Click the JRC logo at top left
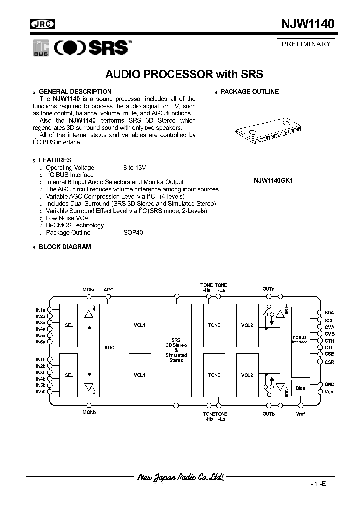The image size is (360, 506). pyautogui.click(x=43, y=23)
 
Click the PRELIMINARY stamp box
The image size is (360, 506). pyautogui.click(x=306, y=44)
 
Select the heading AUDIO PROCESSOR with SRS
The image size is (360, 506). pyautogui.click(x=184, y=75)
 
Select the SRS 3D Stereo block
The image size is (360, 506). pyautogui.click(x=176, y=349)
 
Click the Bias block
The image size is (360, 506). pyautogui.click(x=300, y=388)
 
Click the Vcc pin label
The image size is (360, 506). pyautogui.click(x=329, y=391)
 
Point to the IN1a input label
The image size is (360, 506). pyautogui.click(x=40, y=310)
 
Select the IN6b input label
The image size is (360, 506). pyautogui.click(x=40, y=391)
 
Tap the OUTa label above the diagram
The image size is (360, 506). pyautogui.click(x=268, y=289)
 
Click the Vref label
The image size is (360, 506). pyautogui.click(x=300, y=414)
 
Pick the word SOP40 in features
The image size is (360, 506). pyautogui.click(x=133, y=233)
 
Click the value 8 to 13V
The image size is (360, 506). pyautogui.click(x=135, y=168)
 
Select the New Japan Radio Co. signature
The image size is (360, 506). pyautogui.click(x=180, y=478)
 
